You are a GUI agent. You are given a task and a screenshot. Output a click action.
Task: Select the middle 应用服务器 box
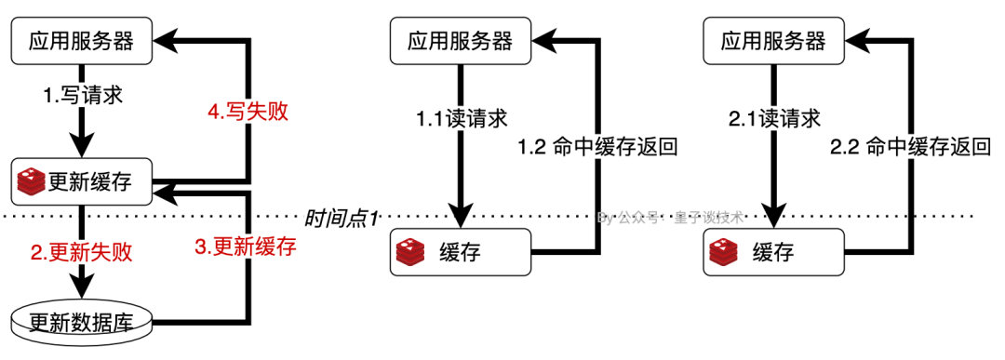tap(460, 41)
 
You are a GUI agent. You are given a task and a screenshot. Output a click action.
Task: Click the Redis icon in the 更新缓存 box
tap(31, 181)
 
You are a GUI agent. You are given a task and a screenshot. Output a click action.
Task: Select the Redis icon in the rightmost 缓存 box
tap(726, 251)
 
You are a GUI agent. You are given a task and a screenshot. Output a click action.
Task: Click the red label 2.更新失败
tap(82, 251)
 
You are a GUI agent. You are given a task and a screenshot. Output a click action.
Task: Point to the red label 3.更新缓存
tap(246, 247)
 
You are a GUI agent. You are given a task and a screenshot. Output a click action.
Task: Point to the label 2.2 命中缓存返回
tap(911, 146)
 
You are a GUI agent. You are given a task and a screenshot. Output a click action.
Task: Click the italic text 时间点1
tap(341, 220)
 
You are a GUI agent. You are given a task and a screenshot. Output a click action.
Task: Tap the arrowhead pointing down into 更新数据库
tap(82, 282)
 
